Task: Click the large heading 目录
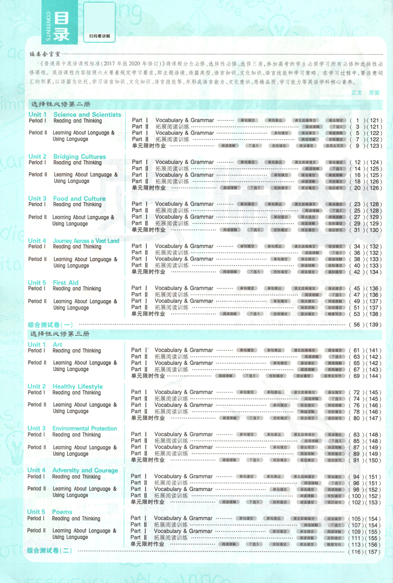(61, 27)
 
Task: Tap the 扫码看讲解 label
(99, 36)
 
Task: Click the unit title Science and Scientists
(87, 114)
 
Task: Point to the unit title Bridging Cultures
(80, 157)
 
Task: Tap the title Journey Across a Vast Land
(86, 241)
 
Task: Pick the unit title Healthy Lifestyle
(78, 387)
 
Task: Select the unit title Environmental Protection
(85, 428)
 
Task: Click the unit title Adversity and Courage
(85, 470)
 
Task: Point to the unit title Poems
(62, 512)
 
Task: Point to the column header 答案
(374, 93)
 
